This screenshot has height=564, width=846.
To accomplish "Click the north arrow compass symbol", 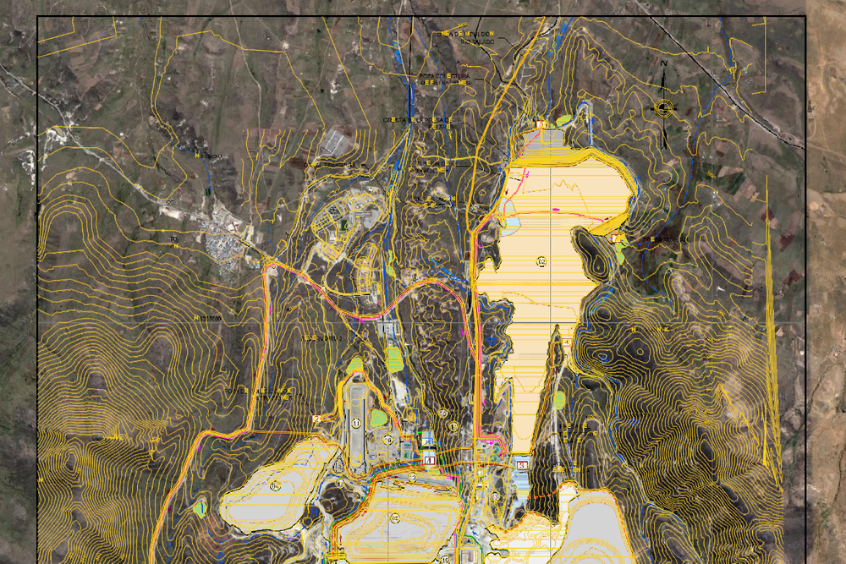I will (665, 107).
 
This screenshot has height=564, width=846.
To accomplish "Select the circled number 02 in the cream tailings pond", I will (541, 261).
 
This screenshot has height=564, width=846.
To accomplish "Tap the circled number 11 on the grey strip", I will (356, 423).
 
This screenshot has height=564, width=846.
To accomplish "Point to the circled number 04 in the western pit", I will (275, 485).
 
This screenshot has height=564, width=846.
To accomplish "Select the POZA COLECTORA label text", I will (443, 78).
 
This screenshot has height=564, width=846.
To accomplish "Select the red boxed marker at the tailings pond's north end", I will (541, 125).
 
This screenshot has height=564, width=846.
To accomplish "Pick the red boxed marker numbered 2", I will (316, 418).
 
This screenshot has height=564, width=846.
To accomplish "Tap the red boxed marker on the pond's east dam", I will (613, 238).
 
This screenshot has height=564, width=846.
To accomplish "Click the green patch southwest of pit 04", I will (201, 508).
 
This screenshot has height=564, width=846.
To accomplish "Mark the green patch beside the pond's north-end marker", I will (564, 121).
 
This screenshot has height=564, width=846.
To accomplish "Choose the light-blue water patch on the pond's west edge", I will (513, 225).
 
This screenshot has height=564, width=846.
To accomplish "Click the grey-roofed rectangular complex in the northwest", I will (338, 141).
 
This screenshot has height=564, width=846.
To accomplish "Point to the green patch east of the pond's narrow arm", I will (559, 399).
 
